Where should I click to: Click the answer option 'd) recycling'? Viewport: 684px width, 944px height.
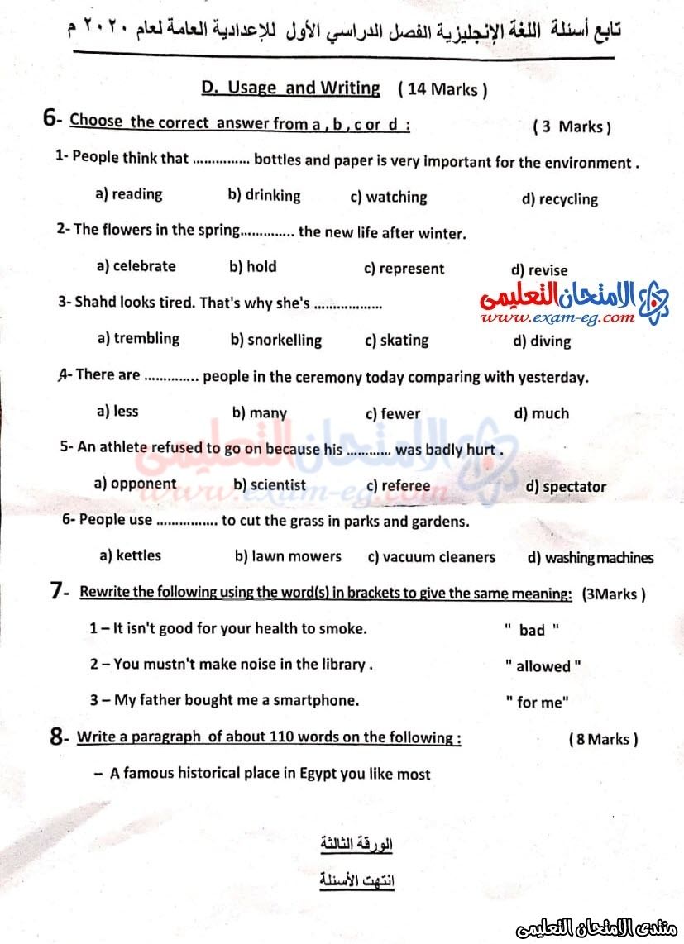pyautogui.click(x=559, y=199)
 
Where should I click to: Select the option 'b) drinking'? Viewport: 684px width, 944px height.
pyautogui.click(x=264, y=196)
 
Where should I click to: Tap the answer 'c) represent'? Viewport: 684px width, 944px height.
pyautogui.click(x=404, y=269)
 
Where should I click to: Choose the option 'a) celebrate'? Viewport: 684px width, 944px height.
pyautogui.click(x=136, y=266)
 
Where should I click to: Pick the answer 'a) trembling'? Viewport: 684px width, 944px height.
pyautogui.click(x=138, y=338)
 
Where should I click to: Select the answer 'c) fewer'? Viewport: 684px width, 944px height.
pyautogui.click(x=393, y=413)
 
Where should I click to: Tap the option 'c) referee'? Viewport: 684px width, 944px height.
pyautogui.click(x=398, y=486)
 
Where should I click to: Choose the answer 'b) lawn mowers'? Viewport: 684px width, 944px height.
pyautogui.click(x=288, y=556)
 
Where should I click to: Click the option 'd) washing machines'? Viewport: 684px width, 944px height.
pyautogui.click(x=590, y=558)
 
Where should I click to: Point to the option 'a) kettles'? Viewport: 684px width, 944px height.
pyautogui.click(x=130, y=555)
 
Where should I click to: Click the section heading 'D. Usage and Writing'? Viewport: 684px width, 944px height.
pyautogui.click(x=291, y=88)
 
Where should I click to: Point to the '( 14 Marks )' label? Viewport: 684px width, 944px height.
pyautogui.click(x=442, y=89)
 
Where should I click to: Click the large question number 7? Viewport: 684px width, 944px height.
pyautogui.click(x=57, y=590)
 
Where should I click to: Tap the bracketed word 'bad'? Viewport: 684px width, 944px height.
pyautogui.click(x=532, y=630)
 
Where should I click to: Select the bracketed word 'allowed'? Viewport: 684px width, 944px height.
pyautogui.click(x=543, y=666)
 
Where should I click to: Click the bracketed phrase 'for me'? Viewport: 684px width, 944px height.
pyautogui.click(x=538, y=703)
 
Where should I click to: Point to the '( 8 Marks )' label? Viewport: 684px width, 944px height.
pyautogui.click(x=603, y=739)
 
